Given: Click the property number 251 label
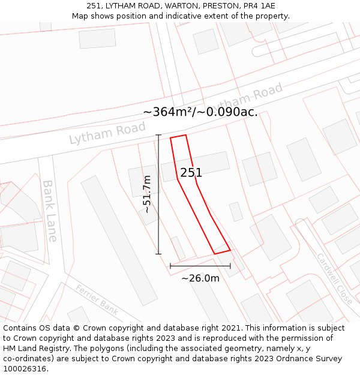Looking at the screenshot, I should click(x=191, y=173).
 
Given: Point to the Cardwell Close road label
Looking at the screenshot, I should click(x=335, y=278).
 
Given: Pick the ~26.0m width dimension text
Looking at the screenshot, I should click(x=200, y=278).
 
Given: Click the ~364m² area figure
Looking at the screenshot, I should click(x=167, y=112).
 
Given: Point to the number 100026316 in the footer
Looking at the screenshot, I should click(x=24, y=368).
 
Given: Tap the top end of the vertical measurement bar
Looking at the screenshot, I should click(x=158, y=135).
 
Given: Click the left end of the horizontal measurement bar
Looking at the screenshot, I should click(x=170, y=265).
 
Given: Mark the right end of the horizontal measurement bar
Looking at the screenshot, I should click(x=230, y=265).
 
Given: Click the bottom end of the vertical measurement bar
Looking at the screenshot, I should click(x=158, y=254).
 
